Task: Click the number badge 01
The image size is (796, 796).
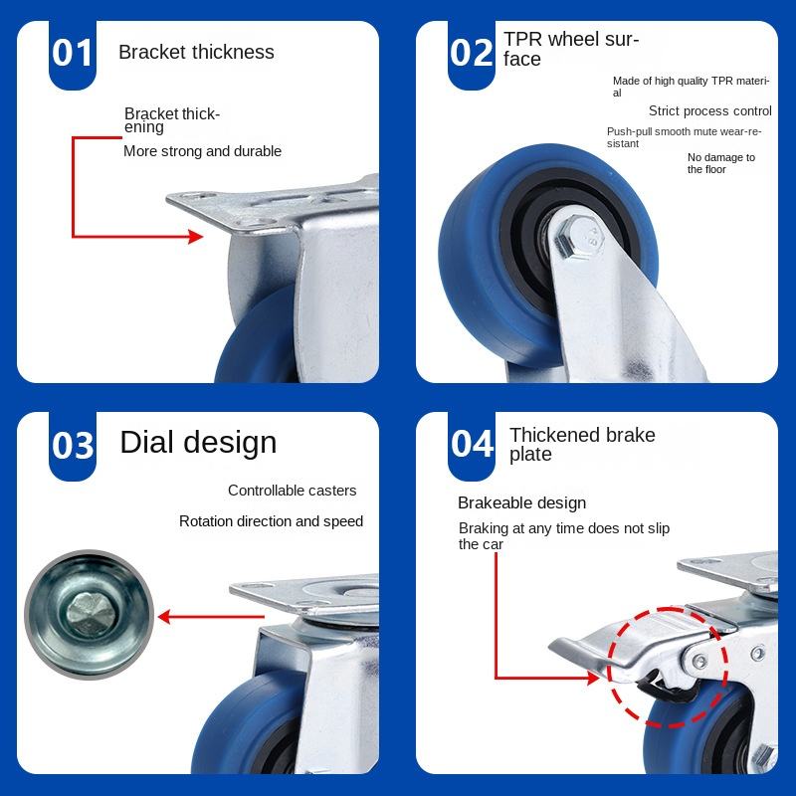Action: [x=73, y=53]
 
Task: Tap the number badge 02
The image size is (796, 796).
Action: [x=472, y=53]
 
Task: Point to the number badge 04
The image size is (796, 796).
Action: [x=472, y=444]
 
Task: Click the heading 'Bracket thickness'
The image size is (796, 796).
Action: [x=196, y=52]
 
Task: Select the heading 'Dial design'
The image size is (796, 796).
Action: [x=198, y=443]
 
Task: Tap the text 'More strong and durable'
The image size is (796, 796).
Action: [x=202, y=151]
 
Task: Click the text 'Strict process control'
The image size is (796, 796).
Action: [x=709, y=111]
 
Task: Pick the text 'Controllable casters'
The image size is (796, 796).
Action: [x=292, y=491]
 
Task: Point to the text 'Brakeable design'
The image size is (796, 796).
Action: [x=521, y=503]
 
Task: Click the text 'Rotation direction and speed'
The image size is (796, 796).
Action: [x=271, y=521]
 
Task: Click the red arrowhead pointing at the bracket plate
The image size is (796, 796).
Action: [x=196, y=236]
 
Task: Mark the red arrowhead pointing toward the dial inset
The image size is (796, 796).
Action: [x=167, y=617]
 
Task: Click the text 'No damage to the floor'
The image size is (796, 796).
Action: [x=720, y=163]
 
